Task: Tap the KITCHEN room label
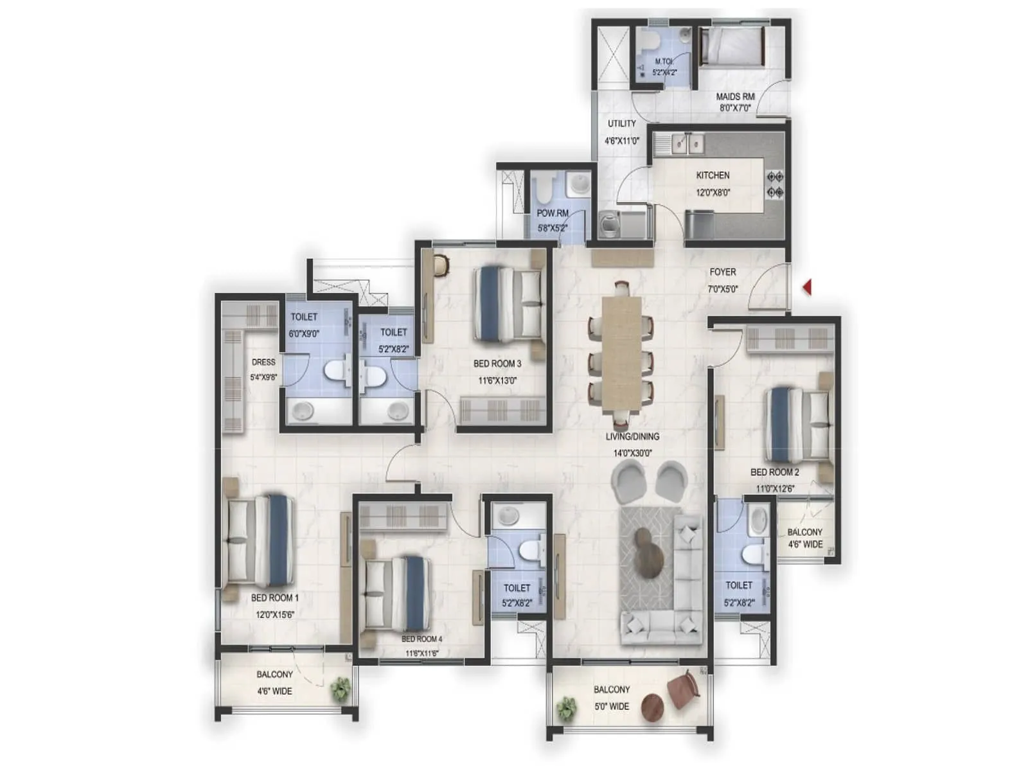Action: (x=713, y=175)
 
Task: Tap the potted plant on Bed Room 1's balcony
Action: (x=339, y=689)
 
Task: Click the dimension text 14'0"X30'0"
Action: (x=632, y=453)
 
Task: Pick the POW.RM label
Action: (x=553, y=213)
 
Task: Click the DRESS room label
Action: (x=263, y=362)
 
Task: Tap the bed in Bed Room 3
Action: (x=508, y=303)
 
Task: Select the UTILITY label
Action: (x=622, y=123)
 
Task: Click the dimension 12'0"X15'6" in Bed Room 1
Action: (x=274, y=615)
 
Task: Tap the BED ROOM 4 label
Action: (x=421, y=639)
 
